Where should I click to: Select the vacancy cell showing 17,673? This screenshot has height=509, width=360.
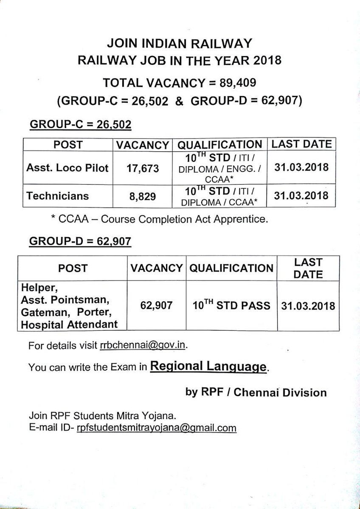tap(142, 168)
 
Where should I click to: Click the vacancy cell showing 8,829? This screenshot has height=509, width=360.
tap(143, 196)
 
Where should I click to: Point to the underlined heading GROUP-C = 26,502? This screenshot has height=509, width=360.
tap(80, 125)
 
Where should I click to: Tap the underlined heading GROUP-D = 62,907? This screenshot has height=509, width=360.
tap(80, 242)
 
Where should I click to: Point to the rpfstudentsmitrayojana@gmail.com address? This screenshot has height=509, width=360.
tap(156, 428)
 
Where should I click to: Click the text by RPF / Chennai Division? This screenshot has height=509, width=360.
tap(256, 392)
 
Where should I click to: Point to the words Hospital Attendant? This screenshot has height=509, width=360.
tap(69, 324)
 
